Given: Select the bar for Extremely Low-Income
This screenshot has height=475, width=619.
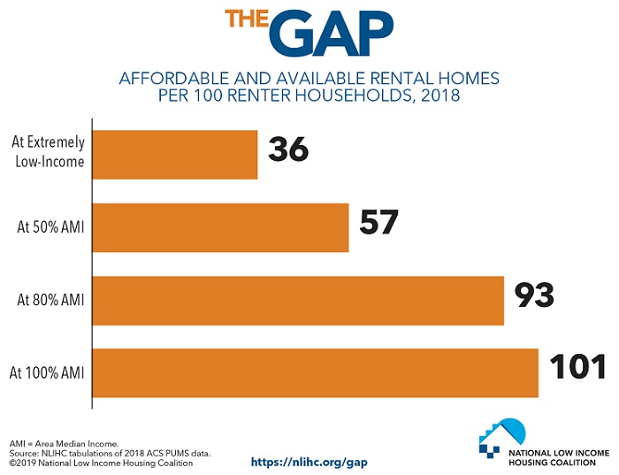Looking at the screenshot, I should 175,155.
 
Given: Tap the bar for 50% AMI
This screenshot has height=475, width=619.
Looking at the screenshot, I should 220,227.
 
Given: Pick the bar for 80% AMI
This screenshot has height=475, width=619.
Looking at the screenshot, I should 298,300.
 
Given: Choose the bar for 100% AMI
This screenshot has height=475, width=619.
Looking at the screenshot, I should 316,372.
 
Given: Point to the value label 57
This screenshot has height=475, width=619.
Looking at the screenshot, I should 379,223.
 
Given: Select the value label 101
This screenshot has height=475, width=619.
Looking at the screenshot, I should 577,368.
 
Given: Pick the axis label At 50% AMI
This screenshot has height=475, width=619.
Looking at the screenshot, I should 50,227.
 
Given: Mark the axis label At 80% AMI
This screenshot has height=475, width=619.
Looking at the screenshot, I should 50,300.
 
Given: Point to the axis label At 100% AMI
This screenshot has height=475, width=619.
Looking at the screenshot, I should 49,372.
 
